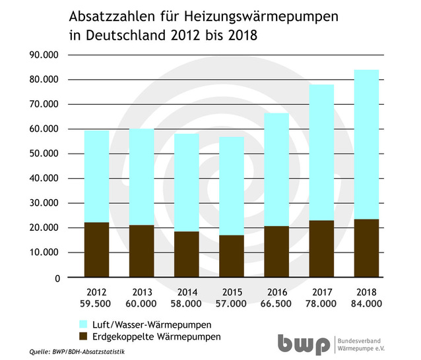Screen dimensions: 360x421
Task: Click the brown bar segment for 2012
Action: coord(97,250)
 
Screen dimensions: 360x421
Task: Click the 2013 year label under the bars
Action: coord(141,291)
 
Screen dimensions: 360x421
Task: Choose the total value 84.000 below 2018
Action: coord(366,304)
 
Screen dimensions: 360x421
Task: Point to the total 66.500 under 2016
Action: coord(276,304)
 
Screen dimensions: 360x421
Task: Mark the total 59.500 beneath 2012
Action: coord(96,304)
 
